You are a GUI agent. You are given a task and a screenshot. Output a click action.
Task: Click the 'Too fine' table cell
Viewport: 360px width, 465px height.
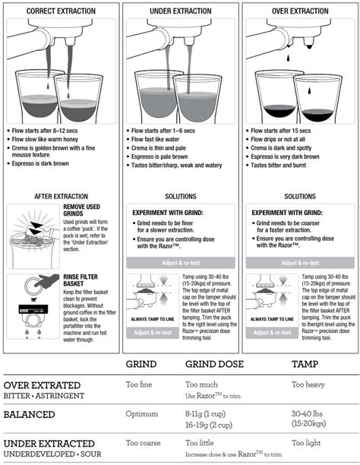pyautogui.click(x=139, y=385)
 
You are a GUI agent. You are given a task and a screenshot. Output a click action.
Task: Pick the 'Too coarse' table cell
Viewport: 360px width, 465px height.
pyautogui.click(x=143, y=442)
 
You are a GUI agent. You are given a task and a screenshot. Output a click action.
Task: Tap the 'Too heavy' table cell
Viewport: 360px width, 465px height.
pyautogui.click(x=310, y=385)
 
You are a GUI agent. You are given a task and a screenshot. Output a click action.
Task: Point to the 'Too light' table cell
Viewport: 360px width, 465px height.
pyautogui.click(x=308, y=442)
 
